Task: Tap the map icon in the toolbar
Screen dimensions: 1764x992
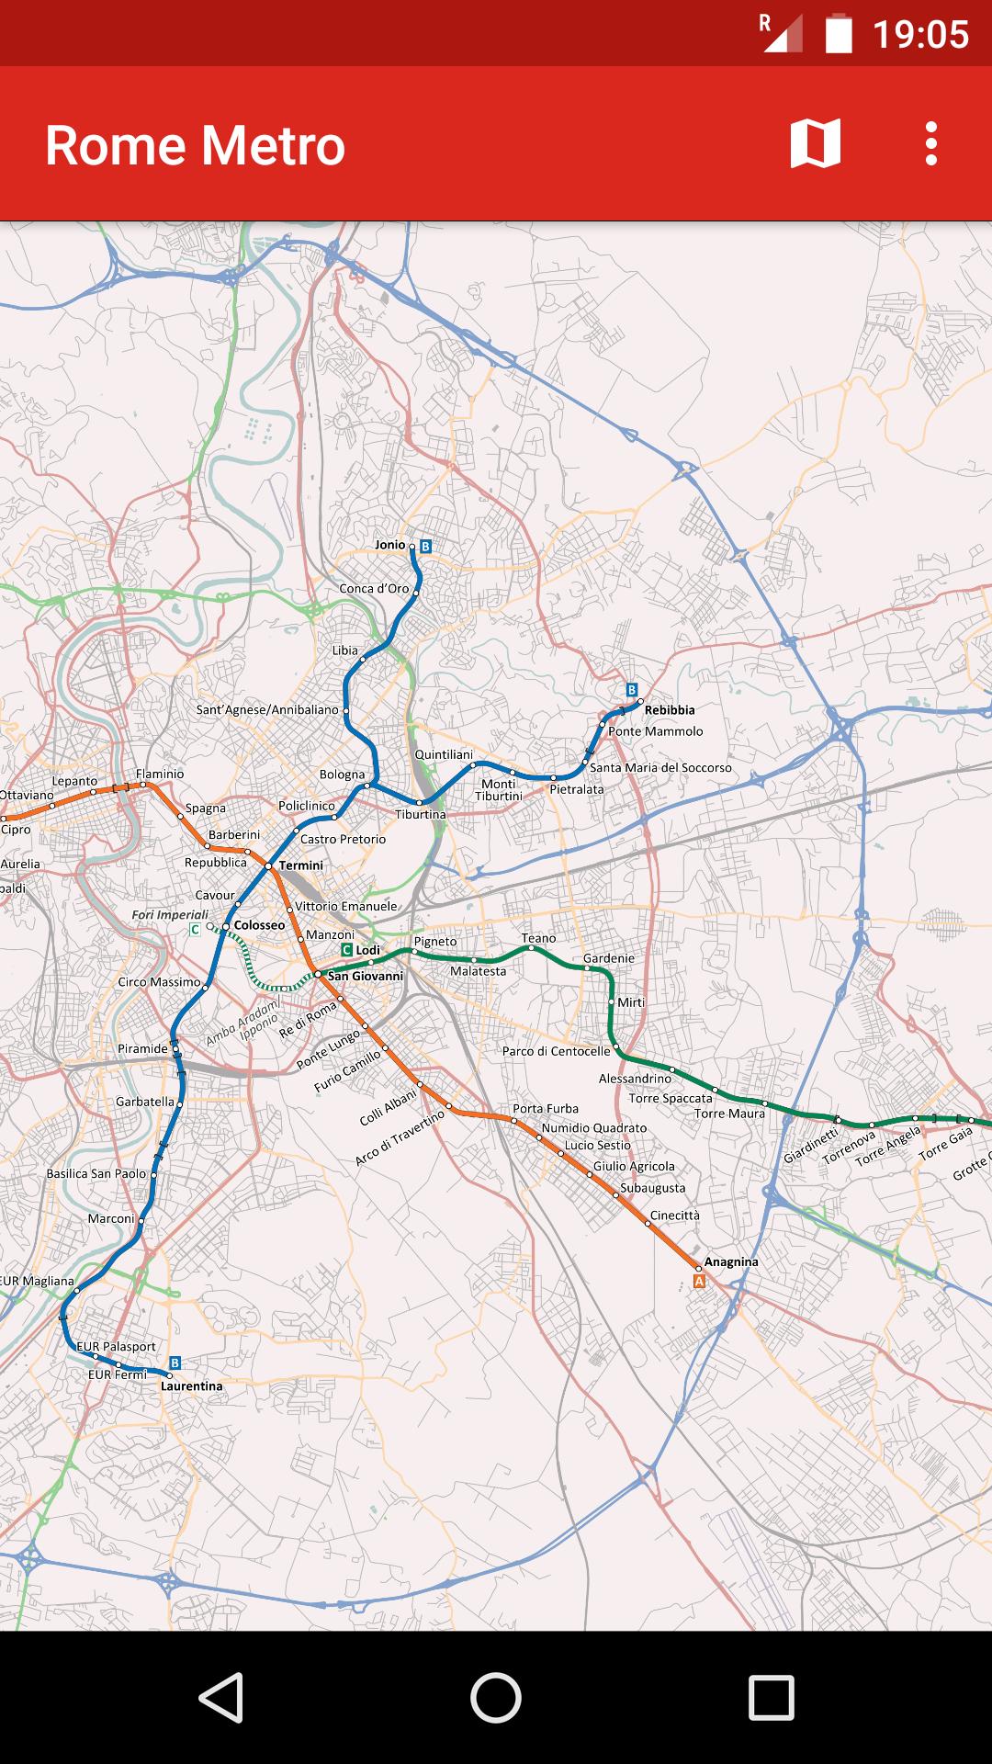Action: point(815,144)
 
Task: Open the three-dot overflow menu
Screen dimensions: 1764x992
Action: point(930,144)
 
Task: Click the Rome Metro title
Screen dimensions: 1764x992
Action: point(195,146)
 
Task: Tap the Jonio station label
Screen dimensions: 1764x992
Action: point(389,545)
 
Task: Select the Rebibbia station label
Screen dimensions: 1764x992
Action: point(670,710)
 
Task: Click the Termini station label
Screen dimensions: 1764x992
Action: point(301,865)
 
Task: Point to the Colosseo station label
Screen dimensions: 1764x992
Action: point(259,925)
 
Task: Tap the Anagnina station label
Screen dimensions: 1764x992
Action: point(731,1261)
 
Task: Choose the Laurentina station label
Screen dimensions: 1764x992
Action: point(191,1385)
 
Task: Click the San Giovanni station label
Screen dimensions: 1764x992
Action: point(366,976)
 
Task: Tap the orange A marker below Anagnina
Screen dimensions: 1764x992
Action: point(700,1281)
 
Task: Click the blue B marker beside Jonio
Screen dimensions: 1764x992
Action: point(425,546)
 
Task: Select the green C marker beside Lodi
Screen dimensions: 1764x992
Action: point(346,949)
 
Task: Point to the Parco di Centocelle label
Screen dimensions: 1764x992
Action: point(556,1051)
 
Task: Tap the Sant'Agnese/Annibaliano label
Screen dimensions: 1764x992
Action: point(267,710)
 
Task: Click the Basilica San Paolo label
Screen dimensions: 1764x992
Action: point(96,1173)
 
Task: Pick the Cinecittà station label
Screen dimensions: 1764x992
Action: point(675,1215)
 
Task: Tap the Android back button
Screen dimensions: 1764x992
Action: point(220,1697)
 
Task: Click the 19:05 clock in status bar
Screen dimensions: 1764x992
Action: point(920,35)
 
